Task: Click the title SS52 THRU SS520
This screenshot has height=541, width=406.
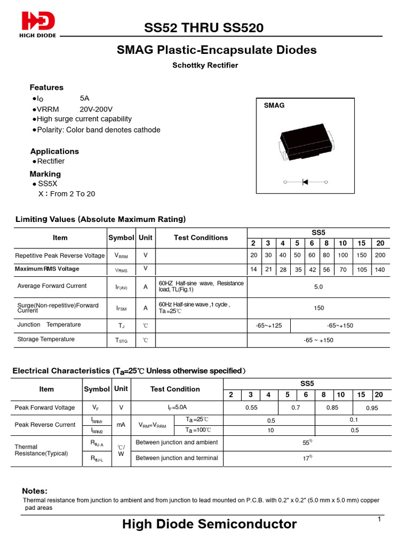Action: coord(204,28)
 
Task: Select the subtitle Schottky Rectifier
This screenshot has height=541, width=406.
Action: coord(205,66)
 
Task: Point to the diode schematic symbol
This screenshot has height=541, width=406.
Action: coord(306,182)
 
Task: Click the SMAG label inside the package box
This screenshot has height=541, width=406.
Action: coord(274,106)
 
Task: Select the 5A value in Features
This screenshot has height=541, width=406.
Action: coord(85,99)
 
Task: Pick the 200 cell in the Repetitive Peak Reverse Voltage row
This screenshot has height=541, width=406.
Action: coord(380,255)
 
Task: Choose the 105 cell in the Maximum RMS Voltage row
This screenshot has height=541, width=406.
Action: coord(361,269)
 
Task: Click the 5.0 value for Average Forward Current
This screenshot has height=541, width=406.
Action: coord(318,287)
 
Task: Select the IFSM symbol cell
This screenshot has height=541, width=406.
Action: coord(121,307)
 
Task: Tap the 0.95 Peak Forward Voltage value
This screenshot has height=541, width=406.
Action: coord(372,408)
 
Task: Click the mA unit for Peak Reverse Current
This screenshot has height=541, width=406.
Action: coord(121,424)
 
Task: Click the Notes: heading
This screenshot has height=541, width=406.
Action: coord(34,491)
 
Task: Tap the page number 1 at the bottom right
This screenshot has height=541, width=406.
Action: coord(380,520)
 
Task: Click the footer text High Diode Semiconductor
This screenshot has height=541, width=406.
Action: coord(209,524)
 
